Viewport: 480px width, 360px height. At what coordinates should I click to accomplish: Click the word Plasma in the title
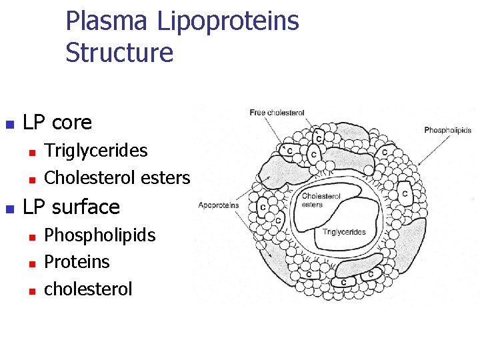click(107, 21)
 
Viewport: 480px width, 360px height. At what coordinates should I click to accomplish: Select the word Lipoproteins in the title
click(228, 21)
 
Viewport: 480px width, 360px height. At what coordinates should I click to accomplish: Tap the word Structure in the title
click(119, 53)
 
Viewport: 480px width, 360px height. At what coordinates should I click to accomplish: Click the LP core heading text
click(57, 123)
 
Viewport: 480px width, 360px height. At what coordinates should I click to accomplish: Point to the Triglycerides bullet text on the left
click(95, 150)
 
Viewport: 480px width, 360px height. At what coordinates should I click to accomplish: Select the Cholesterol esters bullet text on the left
click(117, 178)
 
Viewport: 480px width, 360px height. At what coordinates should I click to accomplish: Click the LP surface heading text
click(71, 207)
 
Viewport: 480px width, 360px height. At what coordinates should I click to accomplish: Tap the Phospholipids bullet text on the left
click(99, 235)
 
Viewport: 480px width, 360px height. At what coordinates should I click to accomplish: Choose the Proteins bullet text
click(76, 261)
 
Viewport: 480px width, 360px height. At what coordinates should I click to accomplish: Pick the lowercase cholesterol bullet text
click(88, 289)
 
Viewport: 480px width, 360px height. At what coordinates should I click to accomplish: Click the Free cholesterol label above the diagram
click(277, 113)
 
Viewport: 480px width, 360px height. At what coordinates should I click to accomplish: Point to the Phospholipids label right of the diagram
click(447, 130)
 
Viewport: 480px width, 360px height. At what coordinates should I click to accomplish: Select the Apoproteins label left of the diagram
click(218, 205)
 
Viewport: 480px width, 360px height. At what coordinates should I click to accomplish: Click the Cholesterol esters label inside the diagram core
click(321, 201)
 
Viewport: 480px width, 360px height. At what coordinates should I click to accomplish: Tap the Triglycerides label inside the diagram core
click(344, 232)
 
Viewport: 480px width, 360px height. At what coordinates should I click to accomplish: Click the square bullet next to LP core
click(9, 124)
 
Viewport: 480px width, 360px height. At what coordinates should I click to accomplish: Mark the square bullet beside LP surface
click(9, 208)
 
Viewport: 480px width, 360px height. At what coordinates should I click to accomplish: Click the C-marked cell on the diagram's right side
click(405, 194)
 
